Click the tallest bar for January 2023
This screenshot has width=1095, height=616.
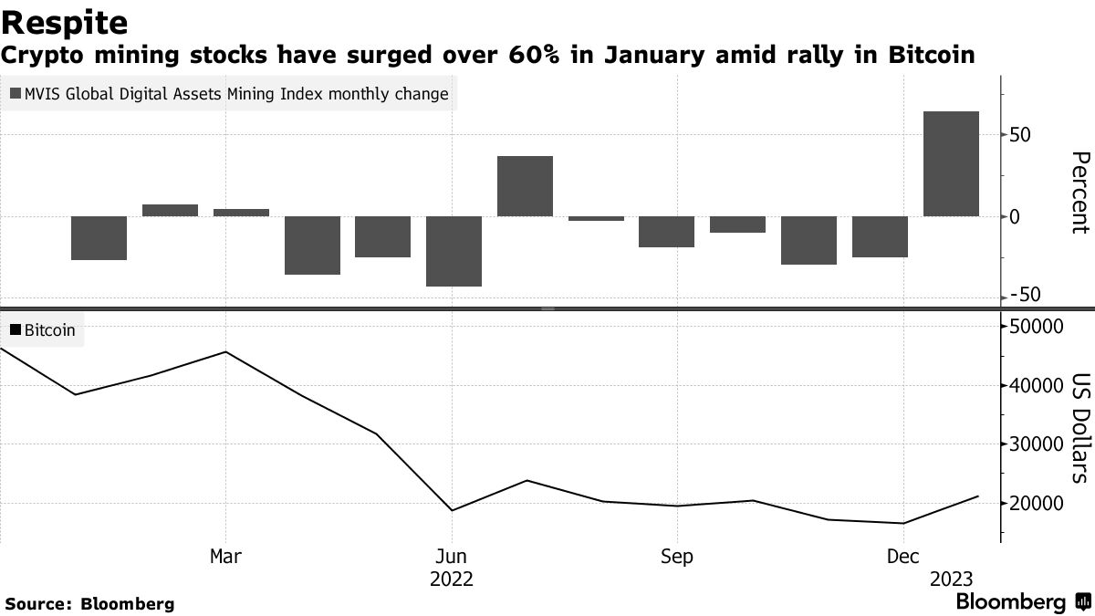click(952, 164)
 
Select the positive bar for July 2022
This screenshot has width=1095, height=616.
click(525, 186)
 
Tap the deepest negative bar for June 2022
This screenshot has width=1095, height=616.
click(454, 251)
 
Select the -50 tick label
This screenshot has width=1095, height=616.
click(1024, 295)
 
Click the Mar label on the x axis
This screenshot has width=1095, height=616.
click(225, 557)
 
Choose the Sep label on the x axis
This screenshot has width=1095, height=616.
click(676, 557)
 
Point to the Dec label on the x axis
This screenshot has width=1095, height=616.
click(902, 557)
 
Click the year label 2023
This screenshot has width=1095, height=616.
click(951, 579)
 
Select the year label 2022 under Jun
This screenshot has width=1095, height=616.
click(452, 579)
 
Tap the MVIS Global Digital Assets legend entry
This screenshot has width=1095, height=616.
click(229, 94)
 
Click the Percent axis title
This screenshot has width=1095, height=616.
click(1079, 193)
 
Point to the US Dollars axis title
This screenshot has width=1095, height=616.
click(1079, 427)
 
